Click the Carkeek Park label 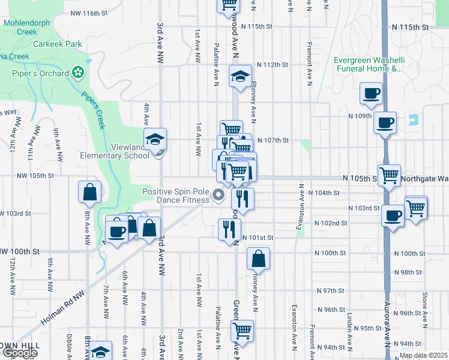[x=58, y=44]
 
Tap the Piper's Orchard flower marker [x=77, y=73]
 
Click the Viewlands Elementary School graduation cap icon [x=155, y=140]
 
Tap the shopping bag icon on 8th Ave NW [x=89, y=192]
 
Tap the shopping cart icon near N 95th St [x=241, y=330]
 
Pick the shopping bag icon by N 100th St [x=258, y=259]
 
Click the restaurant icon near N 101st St [x=229, y=229]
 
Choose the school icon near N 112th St [x=240, y=77]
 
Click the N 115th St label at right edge [x=411, y=28]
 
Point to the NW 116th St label [x=89, y=13]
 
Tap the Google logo [x=20, y=353]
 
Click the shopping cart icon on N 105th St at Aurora [x=390, y=175]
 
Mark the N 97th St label [x=332, y=290]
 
